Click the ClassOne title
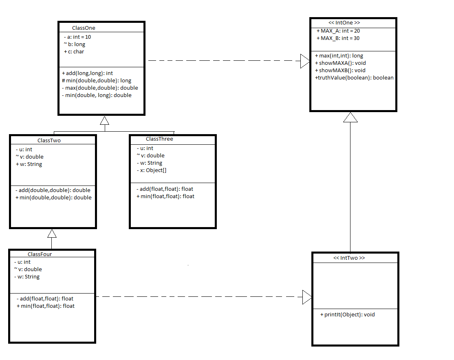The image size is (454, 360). click(84, 28)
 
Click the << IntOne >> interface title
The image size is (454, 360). click(344, 22)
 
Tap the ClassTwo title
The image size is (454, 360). click(49, 141)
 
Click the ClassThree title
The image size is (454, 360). click(159, 139)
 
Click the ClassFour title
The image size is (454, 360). click(40, 254)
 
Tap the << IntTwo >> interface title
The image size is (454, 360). click(349, 258)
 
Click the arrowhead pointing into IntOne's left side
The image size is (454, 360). click(305, 61)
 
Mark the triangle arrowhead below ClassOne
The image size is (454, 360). click(104, 121)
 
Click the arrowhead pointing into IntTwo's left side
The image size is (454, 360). click(307, 297)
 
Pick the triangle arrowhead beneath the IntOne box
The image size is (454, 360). click(350, 117)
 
